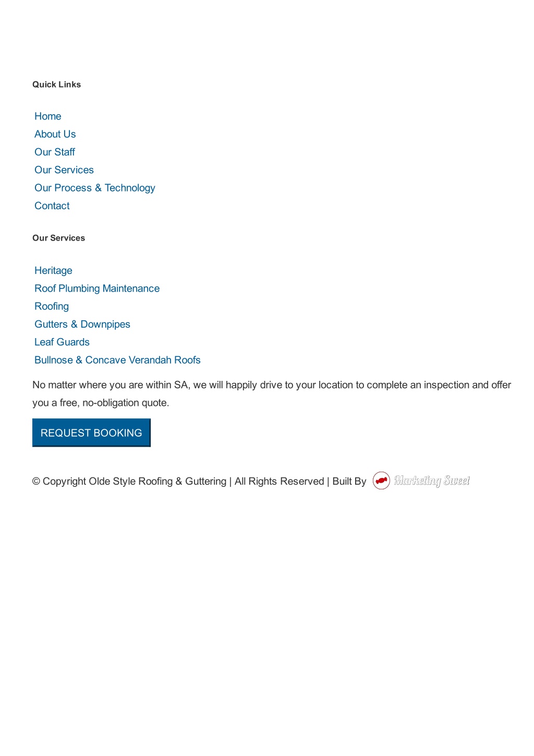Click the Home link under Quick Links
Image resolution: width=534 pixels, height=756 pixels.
[x=48, y=116]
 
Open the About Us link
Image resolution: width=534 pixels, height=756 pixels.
[x=55, y=134]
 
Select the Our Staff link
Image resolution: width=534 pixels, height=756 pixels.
[x=55, y=152]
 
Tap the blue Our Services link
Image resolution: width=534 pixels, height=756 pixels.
[x=64, y=170]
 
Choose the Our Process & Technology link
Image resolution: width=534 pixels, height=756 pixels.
[x=95, y=188]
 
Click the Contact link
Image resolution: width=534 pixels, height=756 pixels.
[x=52, y=206]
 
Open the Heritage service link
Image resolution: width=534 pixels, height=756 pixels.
[x=53, y=270]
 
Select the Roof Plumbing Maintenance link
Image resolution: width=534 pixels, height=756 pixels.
[x=97, y=289]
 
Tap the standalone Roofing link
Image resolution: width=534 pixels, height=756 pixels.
[x=52, y=306]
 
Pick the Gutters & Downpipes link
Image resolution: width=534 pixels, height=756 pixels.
[x=82, y=324]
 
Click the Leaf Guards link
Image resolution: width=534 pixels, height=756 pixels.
[x=62, y=342]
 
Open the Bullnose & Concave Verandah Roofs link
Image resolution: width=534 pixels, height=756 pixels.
[x=117, y=360]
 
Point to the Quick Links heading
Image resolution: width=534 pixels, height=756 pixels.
[x=56, y=85]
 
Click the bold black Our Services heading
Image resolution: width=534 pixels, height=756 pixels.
[x=58, y=238]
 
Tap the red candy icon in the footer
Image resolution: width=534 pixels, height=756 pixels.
[x=381, y=481]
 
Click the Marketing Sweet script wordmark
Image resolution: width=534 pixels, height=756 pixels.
[x=432, y=481]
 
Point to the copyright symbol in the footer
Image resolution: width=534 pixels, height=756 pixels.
[x=36, y=481]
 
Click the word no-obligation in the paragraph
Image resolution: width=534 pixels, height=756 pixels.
[x=110, y=403]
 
